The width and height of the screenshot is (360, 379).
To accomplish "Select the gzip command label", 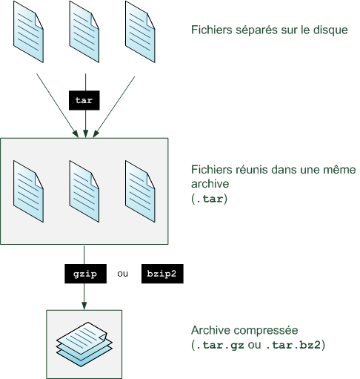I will pos(84,274).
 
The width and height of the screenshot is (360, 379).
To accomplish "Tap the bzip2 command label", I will pos(161,274).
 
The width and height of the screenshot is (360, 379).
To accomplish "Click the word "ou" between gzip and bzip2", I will pos(123,274).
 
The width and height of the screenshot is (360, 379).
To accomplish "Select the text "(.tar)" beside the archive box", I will pos(209,199).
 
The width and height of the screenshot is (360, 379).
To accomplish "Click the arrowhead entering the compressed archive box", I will pos(84,305).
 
